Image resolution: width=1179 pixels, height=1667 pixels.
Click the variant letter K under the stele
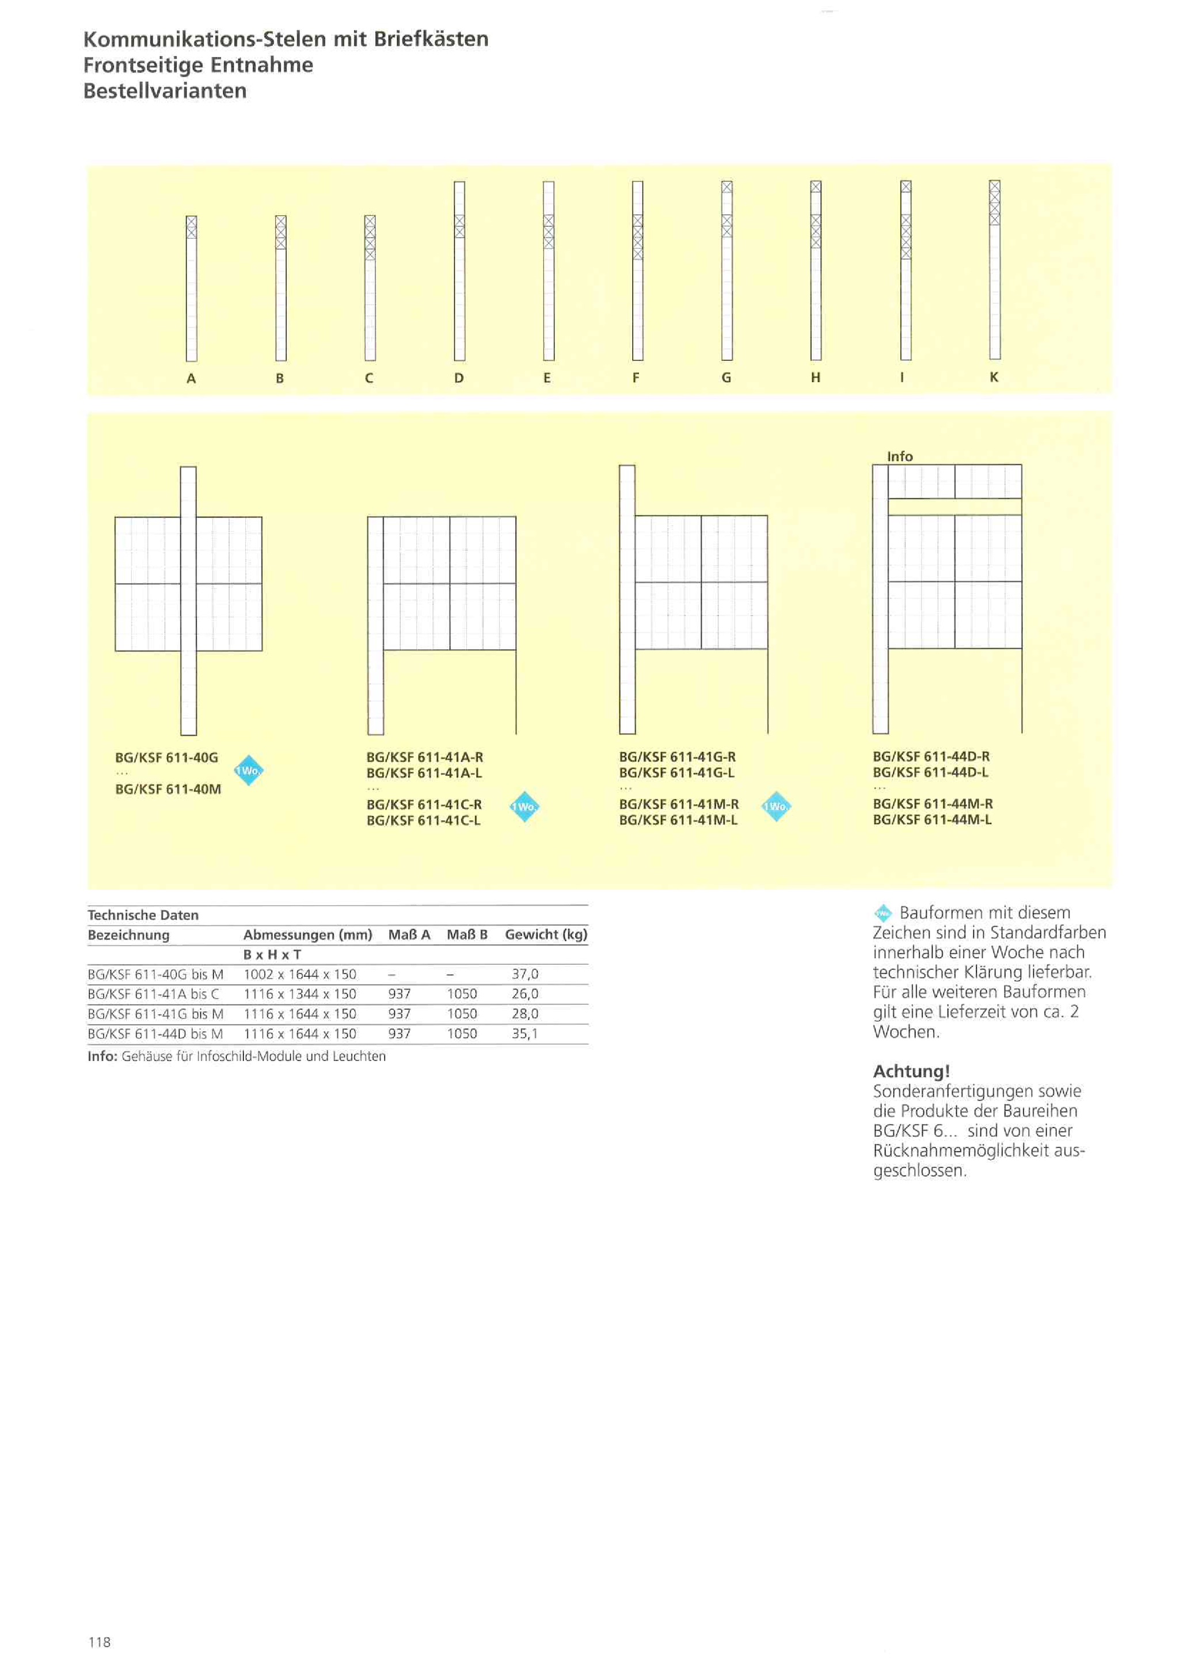(x=994, y=377)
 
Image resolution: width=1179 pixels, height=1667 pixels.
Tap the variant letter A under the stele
(x=191, y=378)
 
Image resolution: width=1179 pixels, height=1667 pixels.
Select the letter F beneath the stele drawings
(x=636, y=378)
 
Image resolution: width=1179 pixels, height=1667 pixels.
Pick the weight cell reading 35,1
(x=525, y=1034)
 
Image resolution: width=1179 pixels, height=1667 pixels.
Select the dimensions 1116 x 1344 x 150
(x=300, y=994)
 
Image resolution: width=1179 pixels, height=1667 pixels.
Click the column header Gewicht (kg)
(x=546, y=934)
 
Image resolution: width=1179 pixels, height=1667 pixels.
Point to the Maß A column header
(x=409, y=934)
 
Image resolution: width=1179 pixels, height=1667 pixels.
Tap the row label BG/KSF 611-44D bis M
(x=155, y=1034)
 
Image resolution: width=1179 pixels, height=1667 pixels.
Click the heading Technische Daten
(x=143, y=915)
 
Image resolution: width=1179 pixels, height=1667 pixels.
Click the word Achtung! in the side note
(x=911, y=1071)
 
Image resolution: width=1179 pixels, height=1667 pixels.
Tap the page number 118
(x=100, y=1642)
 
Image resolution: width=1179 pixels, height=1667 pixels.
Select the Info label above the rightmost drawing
(x=899, y=456)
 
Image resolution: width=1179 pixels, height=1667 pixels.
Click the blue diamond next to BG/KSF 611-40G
(x=249, y=770)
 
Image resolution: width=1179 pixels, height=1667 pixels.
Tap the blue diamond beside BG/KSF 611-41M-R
(x=776, y=806)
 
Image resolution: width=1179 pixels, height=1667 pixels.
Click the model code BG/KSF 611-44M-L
(x=932, y=820)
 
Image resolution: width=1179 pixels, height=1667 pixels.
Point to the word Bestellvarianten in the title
(x=165, y=91)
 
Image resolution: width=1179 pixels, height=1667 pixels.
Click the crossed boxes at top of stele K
(x=995, y=203)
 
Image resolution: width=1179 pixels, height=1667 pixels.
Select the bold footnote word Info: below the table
(x=102, y=1056)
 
